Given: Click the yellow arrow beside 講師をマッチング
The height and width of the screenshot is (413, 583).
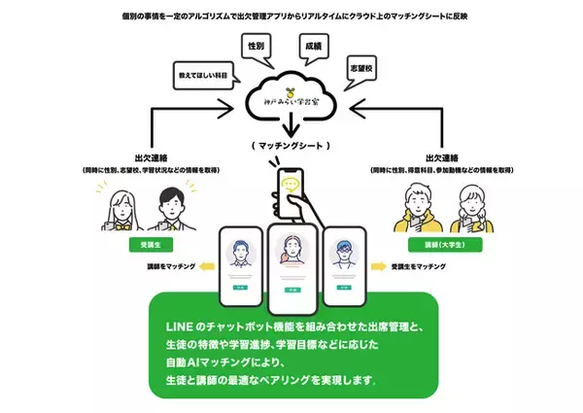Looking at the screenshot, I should tap(205, 264).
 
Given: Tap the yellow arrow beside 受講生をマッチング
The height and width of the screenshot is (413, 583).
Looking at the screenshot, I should tap(379, 264).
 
